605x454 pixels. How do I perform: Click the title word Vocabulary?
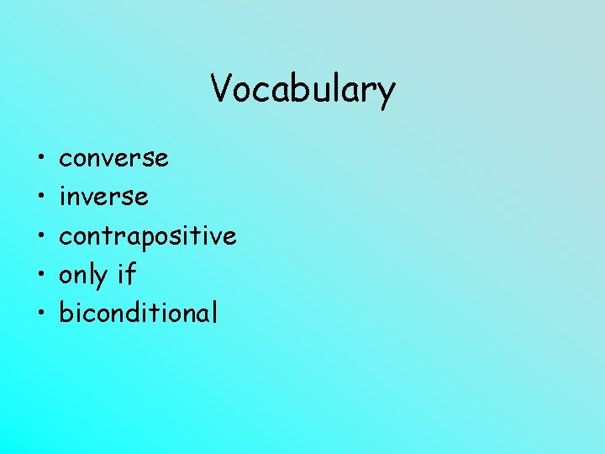[302, 88]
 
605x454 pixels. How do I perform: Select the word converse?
[113, 158]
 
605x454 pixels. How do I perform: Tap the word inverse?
[103, 197]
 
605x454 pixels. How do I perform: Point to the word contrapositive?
[147, 236]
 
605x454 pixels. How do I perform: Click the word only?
[83, 276]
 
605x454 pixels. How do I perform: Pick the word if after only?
[126, 274]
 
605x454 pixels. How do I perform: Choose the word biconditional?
[138, 313]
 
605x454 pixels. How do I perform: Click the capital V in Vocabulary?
[222, 87]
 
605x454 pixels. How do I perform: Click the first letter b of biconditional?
[65, 313]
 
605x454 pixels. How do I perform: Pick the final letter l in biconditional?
[214, 313]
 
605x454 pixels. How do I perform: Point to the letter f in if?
[130, 274]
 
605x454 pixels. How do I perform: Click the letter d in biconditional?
[137, 313]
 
